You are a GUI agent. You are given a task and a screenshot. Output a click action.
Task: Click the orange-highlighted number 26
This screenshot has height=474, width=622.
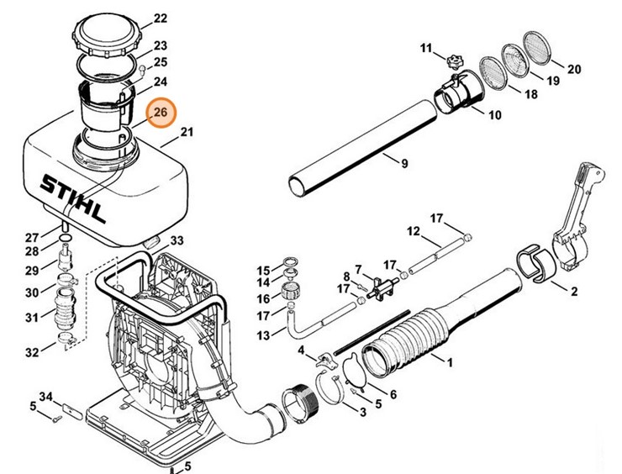(161, 112)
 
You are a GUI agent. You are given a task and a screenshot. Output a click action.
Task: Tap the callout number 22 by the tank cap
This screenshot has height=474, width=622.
(161, 18)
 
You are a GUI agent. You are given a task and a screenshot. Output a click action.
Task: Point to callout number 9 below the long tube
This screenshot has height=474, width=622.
(404, 163)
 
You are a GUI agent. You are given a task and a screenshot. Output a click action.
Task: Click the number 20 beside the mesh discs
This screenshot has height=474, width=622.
(574, 69)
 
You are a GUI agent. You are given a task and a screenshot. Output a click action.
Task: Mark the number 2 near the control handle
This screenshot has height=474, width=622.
(574, 292)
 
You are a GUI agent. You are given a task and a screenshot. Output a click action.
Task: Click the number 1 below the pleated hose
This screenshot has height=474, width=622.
(450, 362)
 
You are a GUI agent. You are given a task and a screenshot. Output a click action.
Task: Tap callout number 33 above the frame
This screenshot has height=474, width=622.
(177, 241)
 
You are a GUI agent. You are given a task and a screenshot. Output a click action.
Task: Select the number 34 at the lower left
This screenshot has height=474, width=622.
(45, 396)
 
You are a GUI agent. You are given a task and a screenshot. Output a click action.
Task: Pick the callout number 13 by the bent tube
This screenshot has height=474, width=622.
(264, 335)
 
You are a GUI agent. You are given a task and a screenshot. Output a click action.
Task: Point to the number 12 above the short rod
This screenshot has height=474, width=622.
(413, 231)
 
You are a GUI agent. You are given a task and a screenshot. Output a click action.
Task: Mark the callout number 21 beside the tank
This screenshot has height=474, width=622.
(187, 132)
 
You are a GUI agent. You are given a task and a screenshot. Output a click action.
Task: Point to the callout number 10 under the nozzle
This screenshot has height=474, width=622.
(494, 114)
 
